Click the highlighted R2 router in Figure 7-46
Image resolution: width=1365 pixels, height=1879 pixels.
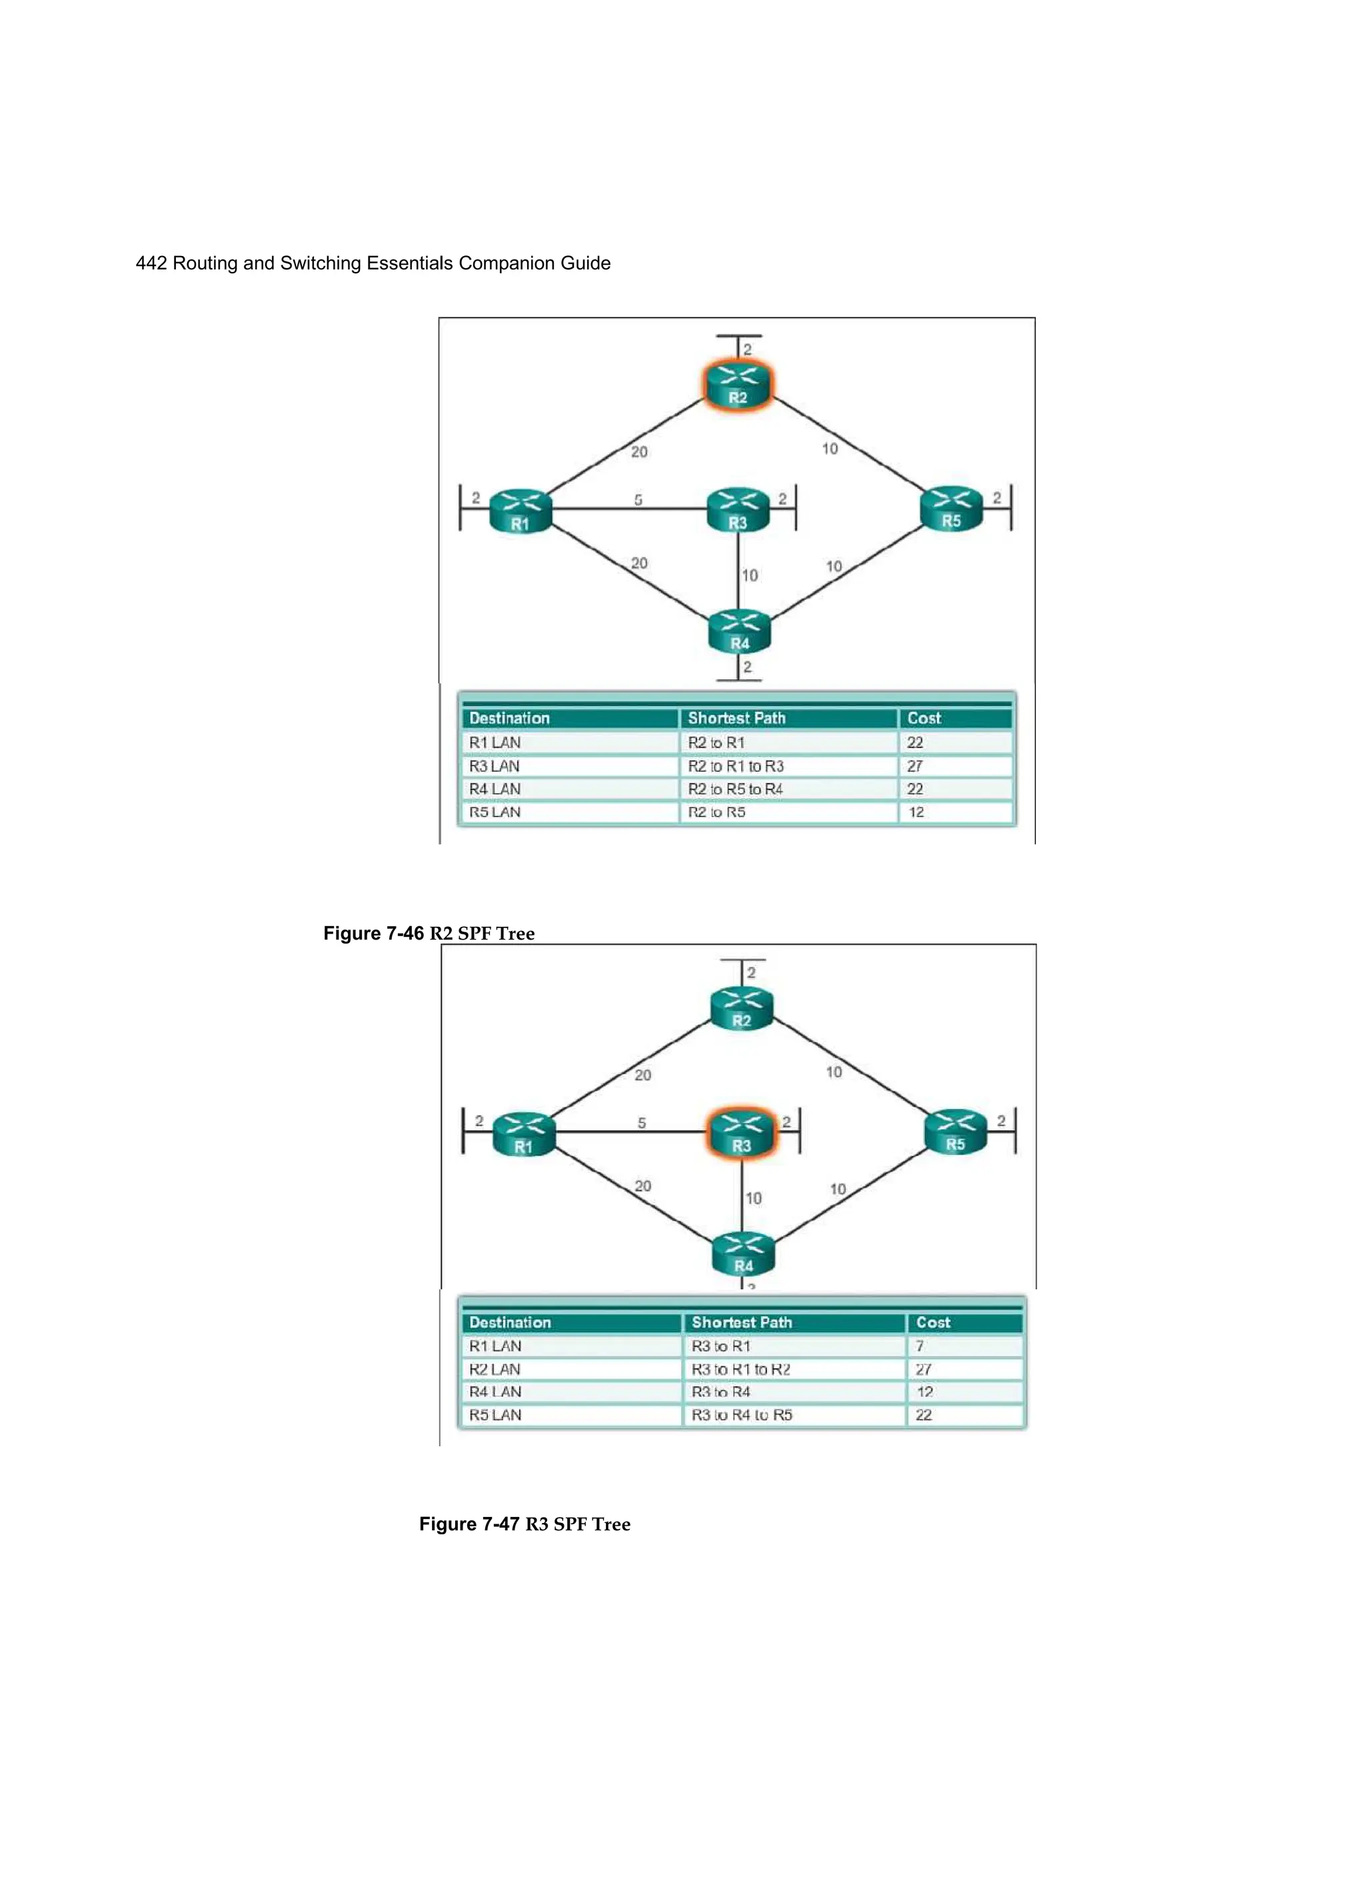(737, 385)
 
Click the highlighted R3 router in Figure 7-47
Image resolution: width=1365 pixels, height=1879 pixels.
(741, 1134)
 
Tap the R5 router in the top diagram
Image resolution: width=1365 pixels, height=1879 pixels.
(952, 509)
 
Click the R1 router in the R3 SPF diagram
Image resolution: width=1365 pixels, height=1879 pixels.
(523, 1135)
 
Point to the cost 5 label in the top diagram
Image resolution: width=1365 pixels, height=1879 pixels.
(638, 499)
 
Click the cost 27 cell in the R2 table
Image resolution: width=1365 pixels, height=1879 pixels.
(914, 766)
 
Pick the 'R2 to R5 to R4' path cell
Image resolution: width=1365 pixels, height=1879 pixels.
(736, 789)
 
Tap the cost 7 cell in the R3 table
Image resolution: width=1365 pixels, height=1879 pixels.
(919, 1346)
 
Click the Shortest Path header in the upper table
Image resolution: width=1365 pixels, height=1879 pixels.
(736, 718)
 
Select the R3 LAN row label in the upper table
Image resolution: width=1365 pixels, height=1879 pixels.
(495, 766)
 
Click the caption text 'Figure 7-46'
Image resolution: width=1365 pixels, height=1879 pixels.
(373, 933)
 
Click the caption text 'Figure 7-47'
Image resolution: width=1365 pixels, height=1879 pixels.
(469, 1524)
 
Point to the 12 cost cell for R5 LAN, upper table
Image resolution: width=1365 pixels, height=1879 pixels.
(916, 813)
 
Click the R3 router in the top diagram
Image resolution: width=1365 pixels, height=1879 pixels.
(738, 509)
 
